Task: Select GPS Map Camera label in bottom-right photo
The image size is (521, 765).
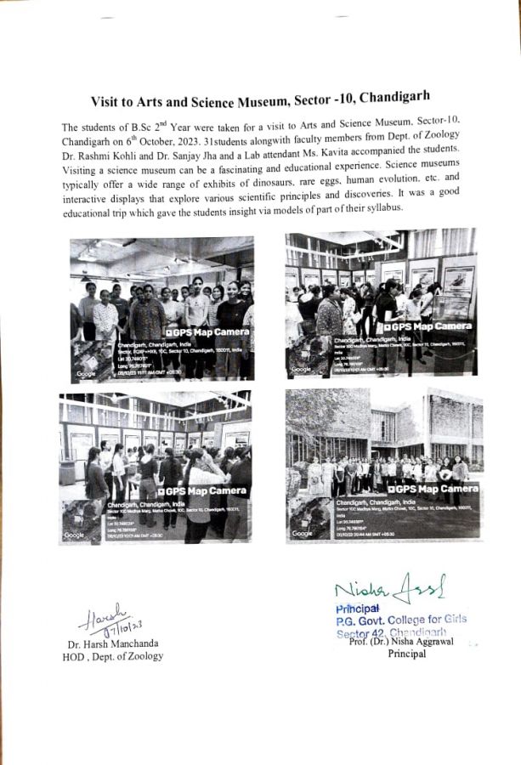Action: (x=433, y=489)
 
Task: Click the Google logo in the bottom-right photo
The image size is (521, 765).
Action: (x=302, y=533)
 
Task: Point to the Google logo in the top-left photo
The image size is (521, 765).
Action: (x=87, y=373)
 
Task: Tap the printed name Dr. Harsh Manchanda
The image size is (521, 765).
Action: (x=112, y=643)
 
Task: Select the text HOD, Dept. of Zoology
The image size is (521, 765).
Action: (x=116, y=656)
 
